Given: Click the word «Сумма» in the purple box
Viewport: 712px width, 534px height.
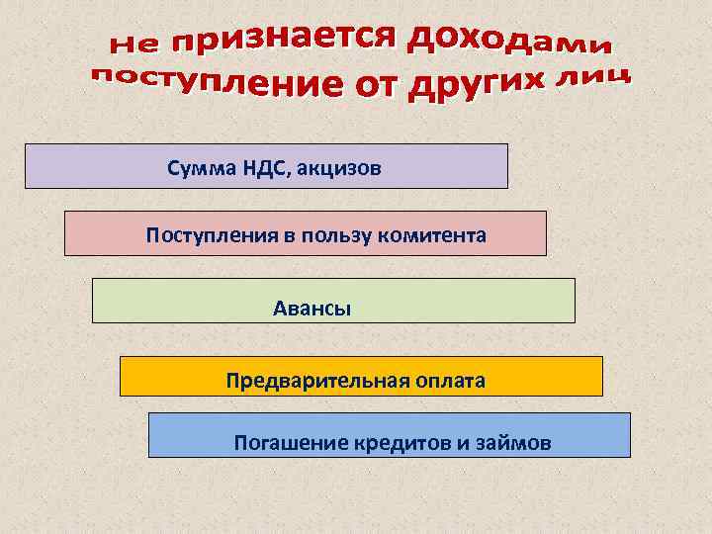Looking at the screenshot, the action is [199, 169].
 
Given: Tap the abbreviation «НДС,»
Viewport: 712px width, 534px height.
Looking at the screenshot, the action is [262, 169].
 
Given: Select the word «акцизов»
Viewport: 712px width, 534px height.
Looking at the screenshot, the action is [339, 169].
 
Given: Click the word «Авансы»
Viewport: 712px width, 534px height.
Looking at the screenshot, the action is [312, 308].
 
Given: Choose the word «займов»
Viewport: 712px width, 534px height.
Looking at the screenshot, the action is [513, 442].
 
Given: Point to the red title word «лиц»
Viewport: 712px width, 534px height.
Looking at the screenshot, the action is [592, 78].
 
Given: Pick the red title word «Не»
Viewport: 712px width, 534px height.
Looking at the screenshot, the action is [135, 44].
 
